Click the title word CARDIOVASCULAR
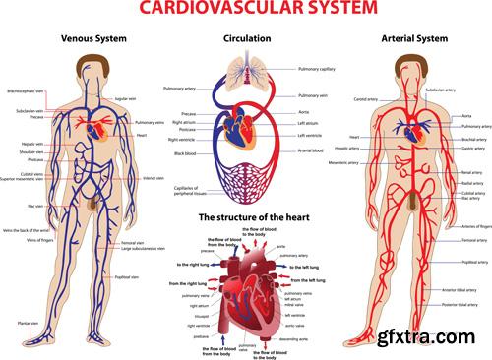(x=213, y=9)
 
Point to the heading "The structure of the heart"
(x=247, y=215)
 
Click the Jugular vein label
(x=126, y=99)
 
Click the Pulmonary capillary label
(x=317, y=70)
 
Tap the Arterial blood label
(x=311, y=150)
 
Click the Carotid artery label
(x=365, y=100)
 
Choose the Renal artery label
(x=472, y=171)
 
